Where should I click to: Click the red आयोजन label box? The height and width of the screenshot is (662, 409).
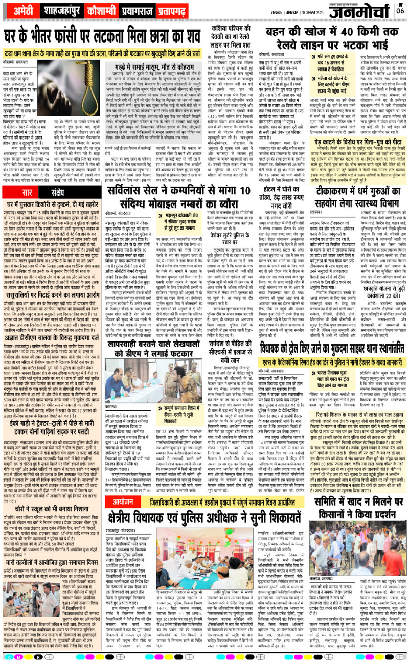coord(123,488)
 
